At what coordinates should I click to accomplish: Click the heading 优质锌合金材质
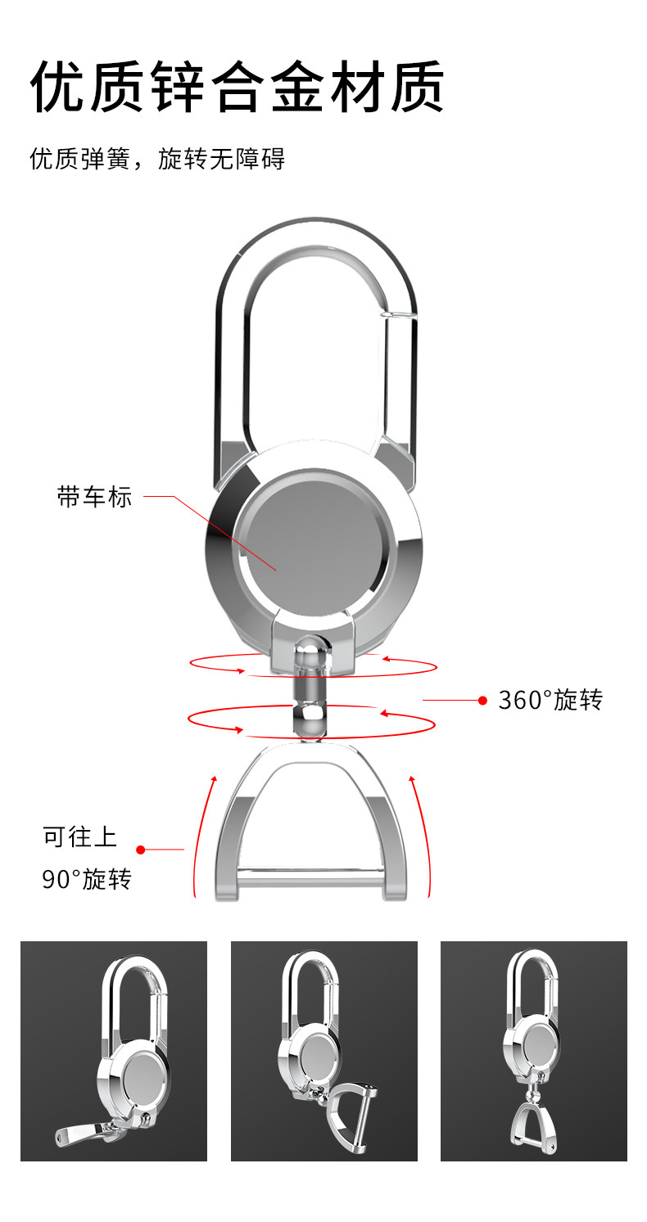coord(238,87)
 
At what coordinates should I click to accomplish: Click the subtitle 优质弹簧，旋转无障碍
coord(157,158)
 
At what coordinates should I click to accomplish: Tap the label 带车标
coord(94,497)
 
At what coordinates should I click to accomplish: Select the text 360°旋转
coord(550,700)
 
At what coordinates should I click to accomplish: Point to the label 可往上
coord(80,836)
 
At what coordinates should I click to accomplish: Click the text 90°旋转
coord(86,880)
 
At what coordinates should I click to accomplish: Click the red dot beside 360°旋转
coord(482,701)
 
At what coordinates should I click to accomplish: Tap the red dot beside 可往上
coord(140,850)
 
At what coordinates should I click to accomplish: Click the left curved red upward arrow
coord(203,835)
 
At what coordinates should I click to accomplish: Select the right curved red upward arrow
coord(421,835)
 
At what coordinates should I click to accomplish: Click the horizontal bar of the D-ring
coord(311,881)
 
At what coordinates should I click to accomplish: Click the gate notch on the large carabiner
coord(398,311)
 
